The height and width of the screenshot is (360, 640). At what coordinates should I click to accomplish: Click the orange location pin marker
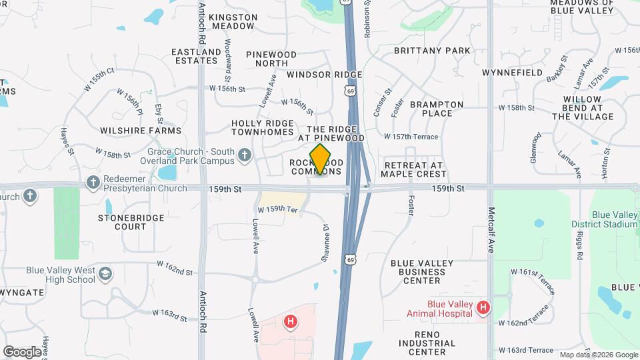pos(321,159)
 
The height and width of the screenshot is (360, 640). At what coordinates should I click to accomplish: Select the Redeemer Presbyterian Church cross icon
pos(93,182)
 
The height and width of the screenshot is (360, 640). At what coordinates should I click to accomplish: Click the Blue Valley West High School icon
pos(105,273)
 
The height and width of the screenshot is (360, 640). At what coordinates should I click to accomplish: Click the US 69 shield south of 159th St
pos(350,259)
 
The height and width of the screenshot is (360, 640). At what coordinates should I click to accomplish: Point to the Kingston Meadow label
pos(233,21)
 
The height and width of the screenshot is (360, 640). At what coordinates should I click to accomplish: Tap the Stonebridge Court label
pos(122,222)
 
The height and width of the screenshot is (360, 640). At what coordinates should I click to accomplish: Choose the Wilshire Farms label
pos(140,131)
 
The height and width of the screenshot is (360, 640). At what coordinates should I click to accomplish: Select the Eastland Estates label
pos(196,56)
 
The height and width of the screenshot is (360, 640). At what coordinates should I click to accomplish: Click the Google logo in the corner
pos(22,351)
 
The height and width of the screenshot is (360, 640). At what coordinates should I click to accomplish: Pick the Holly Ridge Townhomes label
pos(262,127)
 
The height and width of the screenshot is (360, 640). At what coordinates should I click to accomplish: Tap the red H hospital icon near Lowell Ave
pos(290,322)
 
